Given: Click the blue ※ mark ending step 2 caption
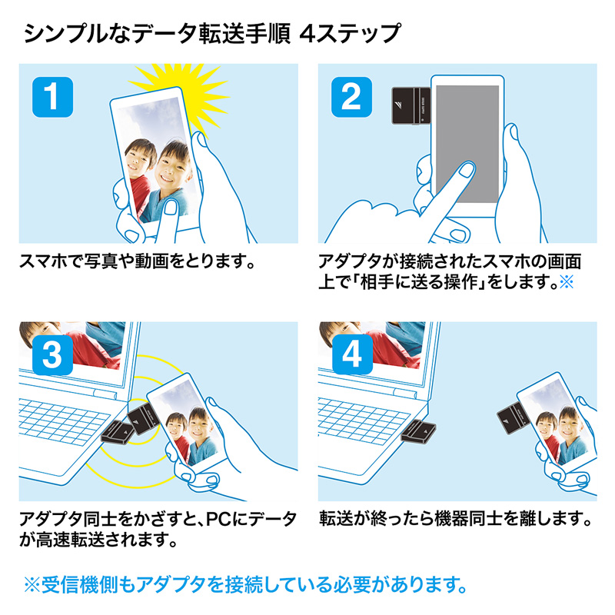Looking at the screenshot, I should pyautogui.click(x=567, y=282).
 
